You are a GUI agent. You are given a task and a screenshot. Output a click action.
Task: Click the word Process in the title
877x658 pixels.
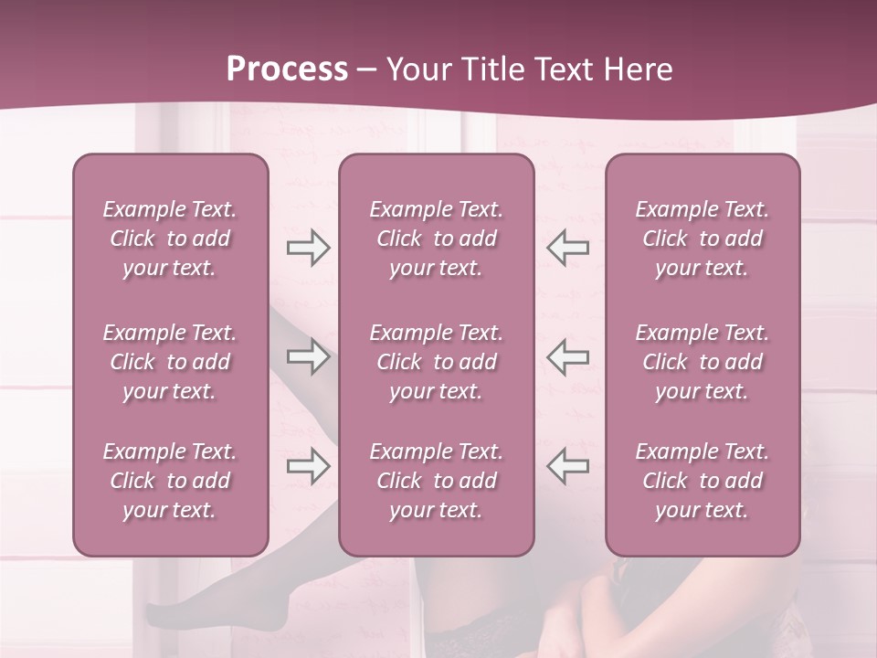[287, 69]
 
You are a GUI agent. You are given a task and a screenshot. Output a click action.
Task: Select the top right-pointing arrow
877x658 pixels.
[308, 248]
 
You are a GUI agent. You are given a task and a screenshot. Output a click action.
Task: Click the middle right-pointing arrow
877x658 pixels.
[308, 356]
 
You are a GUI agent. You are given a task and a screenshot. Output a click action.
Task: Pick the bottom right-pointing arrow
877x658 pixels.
[308, 466]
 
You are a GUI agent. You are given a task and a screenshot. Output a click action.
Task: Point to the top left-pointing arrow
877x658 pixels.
[567, 248]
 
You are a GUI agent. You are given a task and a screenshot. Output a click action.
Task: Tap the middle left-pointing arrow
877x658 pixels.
[567, 356]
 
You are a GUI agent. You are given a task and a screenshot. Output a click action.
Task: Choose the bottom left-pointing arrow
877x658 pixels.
[567, 466]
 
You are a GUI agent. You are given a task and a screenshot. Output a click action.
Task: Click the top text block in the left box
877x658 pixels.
[170, 239]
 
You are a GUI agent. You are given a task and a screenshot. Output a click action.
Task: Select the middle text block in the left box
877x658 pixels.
[170, 362]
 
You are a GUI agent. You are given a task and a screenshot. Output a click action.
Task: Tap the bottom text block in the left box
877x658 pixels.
[170, 481]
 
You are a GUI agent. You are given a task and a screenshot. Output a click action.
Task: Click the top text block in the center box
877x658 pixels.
[436, 239]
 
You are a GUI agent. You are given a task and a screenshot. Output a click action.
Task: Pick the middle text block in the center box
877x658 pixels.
[436, 362]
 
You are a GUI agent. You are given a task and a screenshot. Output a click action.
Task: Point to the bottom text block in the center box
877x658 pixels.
[436, 481]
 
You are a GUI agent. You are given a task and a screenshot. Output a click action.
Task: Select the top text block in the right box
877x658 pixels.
[702, 239]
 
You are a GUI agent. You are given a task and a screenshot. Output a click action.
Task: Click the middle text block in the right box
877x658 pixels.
[702, 362]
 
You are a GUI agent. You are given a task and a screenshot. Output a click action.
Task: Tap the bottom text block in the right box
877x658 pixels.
[702, 481]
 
